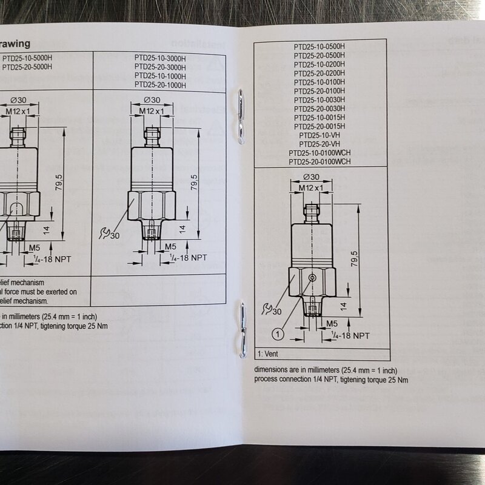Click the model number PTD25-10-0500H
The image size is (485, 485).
pos(319,46)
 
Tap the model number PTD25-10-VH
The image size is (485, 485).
pos(319,135)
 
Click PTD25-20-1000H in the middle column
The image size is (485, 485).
pos(160,85)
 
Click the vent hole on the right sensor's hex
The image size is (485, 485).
pos(312,277)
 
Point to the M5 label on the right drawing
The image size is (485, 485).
pos(332,323)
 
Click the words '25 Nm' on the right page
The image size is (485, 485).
pos(397,380)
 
